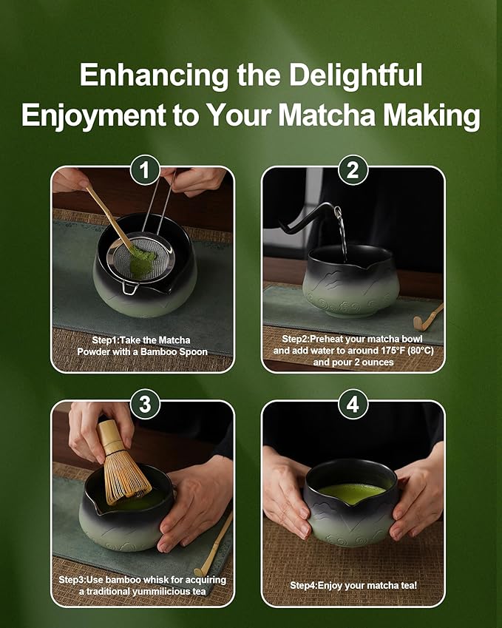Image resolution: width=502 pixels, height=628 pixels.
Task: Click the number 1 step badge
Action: click(x=145, y=171)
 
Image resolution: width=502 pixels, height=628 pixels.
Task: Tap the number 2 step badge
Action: click(x=353, y=171)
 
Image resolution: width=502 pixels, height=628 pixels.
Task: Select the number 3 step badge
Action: click(x=145, y=405)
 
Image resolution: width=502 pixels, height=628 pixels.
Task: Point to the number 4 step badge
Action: click(x=353, y=405)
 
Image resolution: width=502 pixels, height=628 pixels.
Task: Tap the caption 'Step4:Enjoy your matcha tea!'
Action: click(x=353, y=585)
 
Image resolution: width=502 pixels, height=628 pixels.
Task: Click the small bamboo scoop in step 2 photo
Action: click(x=430, y=317)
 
